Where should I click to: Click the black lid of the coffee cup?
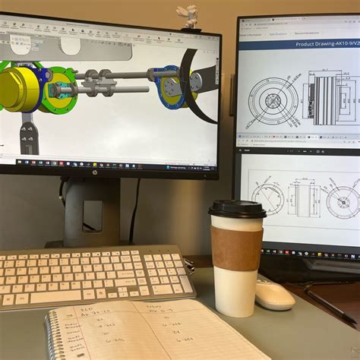pyautogui.click(x=237, y=208)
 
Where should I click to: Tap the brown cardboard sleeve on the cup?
pyautogui.click(x=236, y=248)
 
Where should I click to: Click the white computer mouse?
pyautogui.click(x=274, y=295)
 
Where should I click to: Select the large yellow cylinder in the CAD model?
pyautogui.click(x=19, y=89)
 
